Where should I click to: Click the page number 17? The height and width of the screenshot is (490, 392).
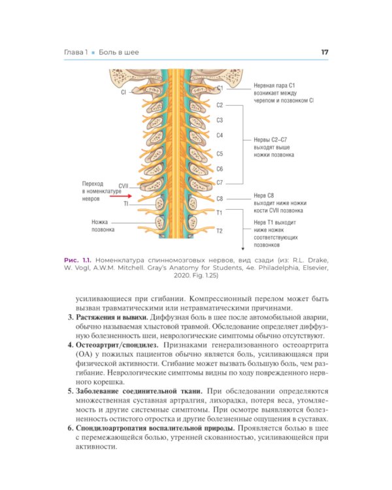(x=324, y=52)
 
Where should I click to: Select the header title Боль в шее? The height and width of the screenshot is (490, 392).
(x=119, y=52)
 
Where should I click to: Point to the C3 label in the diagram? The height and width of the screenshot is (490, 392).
(x=220, y=120)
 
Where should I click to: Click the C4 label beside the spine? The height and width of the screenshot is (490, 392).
(x=220, y=135)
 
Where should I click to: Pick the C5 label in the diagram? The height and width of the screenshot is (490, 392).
(x=220, y=154)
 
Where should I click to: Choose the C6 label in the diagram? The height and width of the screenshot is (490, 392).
(x=220, y=169)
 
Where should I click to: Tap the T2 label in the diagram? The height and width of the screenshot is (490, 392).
(x=220, y=231)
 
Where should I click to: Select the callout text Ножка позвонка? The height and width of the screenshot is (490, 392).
(x=103, y=225)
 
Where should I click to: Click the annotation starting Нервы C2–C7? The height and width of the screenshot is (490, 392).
(x=275, y=147)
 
